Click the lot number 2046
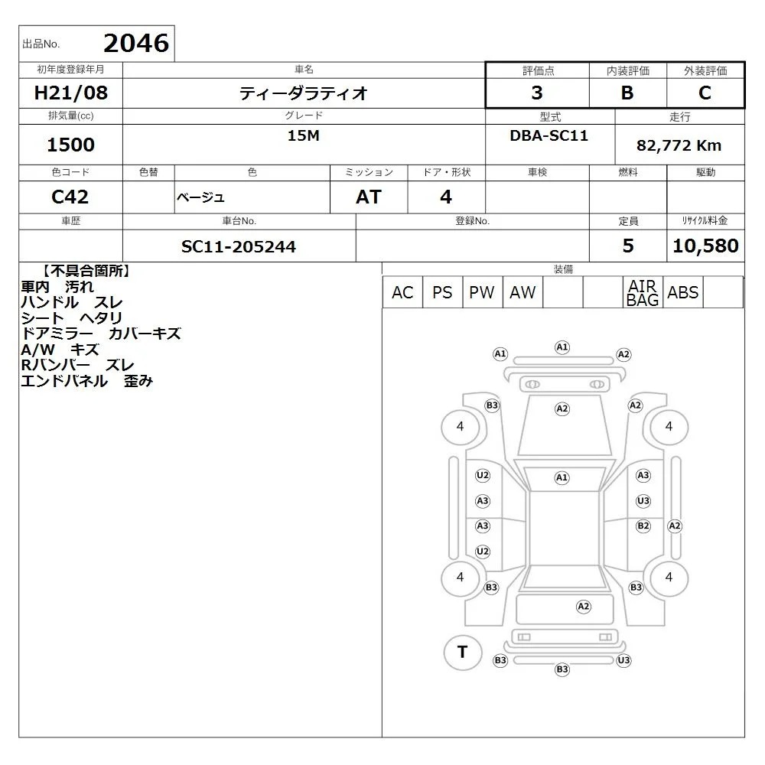136,43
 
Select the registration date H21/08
70,93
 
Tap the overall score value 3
537,93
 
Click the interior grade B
627,93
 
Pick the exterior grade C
705,93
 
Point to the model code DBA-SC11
549,135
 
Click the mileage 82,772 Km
679,145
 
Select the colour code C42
70,197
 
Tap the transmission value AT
369,197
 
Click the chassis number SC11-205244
239,246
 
